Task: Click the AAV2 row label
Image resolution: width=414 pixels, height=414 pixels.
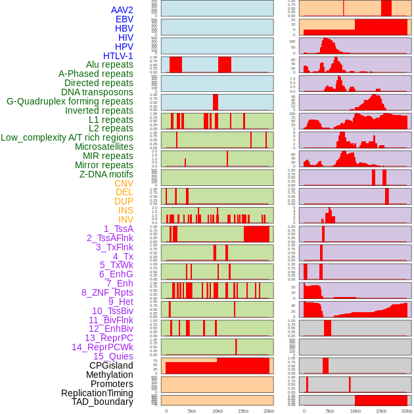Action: [x=122, y=10]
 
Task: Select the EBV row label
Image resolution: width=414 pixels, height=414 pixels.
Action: [x=124, y=19]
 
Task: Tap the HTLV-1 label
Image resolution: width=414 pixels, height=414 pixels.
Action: [x=118, y=56]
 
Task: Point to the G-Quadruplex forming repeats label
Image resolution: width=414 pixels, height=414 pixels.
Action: [x=70, y=101]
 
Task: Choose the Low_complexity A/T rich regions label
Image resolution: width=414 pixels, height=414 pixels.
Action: [x=67, y=137]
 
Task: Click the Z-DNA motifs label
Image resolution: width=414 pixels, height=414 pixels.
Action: [x=106, y=174]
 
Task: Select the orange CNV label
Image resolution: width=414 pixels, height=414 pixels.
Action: [x=124, y=183]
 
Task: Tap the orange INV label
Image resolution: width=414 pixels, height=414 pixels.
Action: [x=126, y=219]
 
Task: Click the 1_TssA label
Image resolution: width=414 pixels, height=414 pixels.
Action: [x=118, y=229]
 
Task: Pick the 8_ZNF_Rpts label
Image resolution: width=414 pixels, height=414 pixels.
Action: [x=107, y=292]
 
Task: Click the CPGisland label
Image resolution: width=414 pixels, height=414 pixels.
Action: [x=111, y=365]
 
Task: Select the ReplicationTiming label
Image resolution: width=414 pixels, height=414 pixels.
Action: [x=97, y=393]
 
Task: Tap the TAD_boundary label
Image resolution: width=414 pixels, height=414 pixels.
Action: [x=102, y=402]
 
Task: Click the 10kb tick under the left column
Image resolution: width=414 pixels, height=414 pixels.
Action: [x=217, y=411]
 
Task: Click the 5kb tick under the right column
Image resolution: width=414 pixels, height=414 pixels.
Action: [x=330, y=411]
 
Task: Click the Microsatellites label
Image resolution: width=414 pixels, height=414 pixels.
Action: [x=104, y=147]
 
